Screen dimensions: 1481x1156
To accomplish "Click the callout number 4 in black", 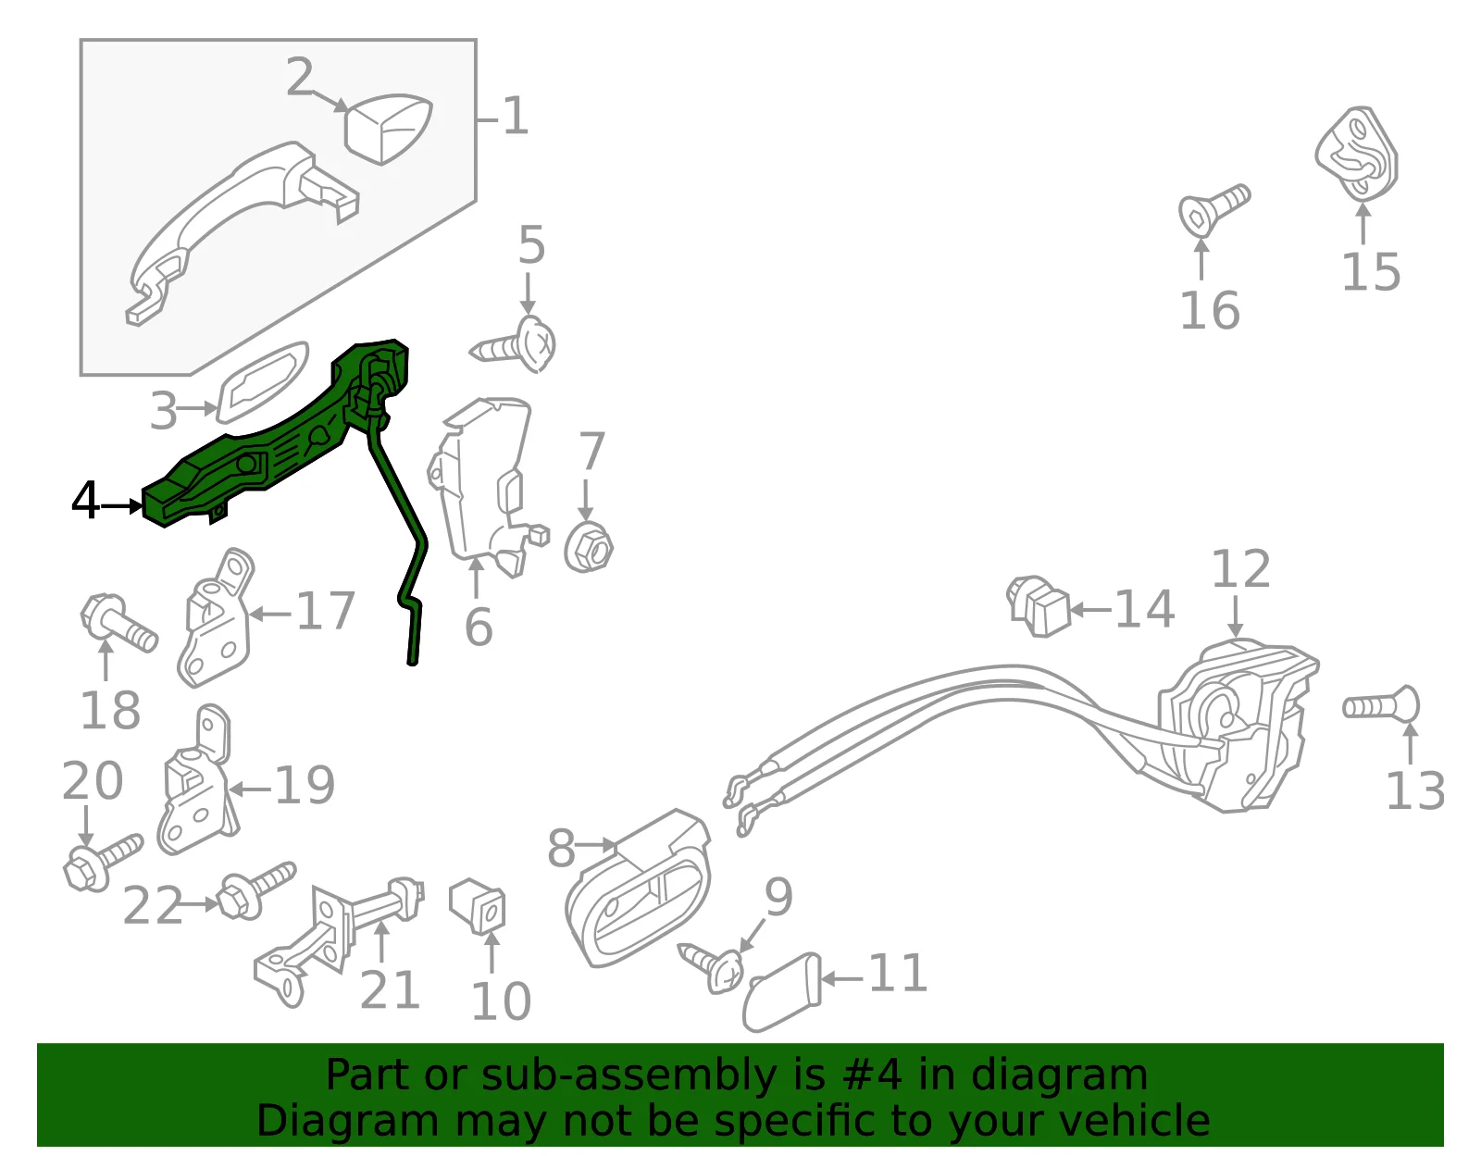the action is [86, 502].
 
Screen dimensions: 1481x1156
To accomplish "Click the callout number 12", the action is [1240, 569].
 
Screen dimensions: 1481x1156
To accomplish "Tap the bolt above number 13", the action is [1381, 706].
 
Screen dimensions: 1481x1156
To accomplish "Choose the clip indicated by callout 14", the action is [1038, 606].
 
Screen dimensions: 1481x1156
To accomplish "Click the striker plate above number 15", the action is [1356, 154].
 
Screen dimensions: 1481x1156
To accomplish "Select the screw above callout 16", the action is [1213, 209].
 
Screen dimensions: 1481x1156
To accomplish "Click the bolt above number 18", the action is [118, 623].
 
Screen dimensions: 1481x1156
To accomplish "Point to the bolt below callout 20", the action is [102, 862].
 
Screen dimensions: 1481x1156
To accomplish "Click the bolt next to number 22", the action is [255, 890].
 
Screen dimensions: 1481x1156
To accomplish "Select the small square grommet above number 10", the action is [477, 905].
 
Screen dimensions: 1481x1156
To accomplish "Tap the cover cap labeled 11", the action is [781, 992].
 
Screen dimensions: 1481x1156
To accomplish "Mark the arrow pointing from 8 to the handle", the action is [596, 845].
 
